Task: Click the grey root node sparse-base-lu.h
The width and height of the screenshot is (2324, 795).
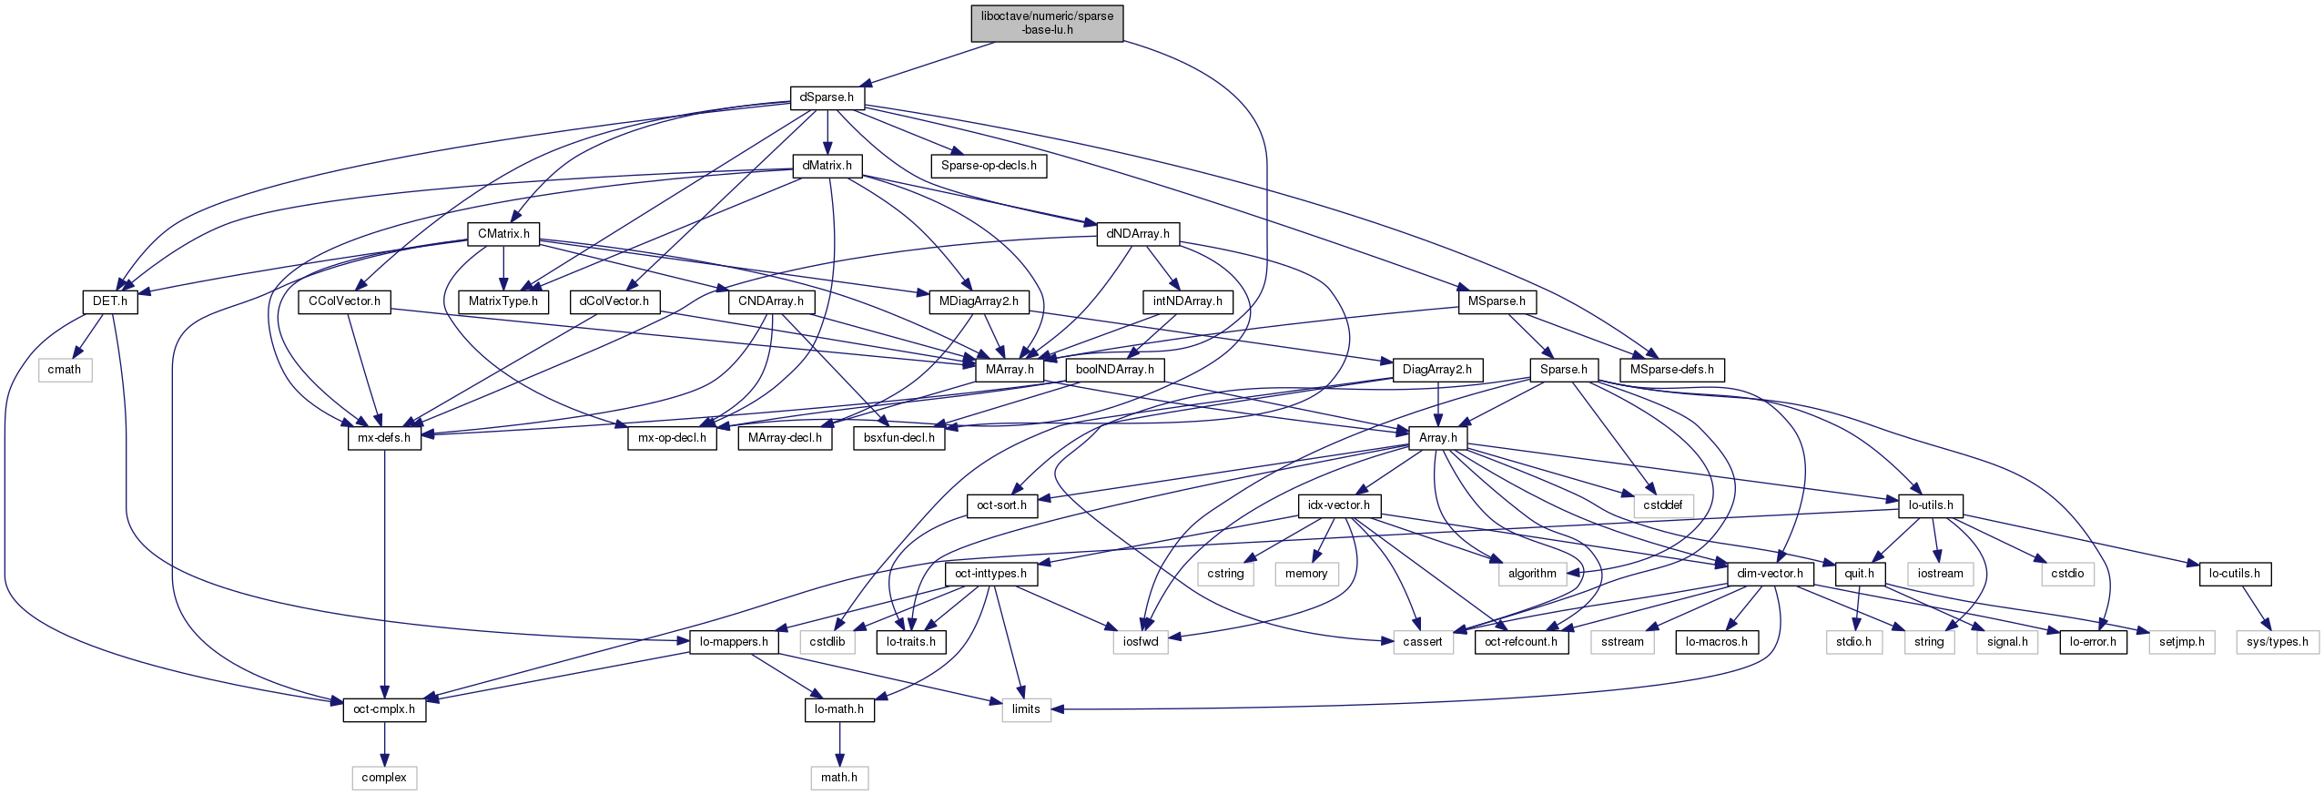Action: (1047, 23)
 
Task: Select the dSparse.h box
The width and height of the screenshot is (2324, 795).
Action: (827, 97)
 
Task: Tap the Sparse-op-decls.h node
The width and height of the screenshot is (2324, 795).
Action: (989, 166)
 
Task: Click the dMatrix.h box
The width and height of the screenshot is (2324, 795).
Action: (827, 166)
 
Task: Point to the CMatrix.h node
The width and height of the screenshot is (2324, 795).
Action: (503, 234)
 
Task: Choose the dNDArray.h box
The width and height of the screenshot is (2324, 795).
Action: (1138, 234)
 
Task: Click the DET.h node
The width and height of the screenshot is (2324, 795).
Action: (110, 301)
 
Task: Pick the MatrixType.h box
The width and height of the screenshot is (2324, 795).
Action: (503, 301)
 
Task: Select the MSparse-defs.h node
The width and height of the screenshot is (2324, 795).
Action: (1671, 370)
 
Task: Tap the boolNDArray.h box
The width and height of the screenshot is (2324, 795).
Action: (1114, 370)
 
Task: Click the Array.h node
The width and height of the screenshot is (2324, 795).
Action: (1437, 438)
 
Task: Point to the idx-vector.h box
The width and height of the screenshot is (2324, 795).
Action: (1338, 505)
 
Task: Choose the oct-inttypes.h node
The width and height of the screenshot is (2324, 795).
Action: (990, 574)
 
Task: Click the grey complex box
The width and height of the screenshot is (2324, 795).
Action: (384, 778)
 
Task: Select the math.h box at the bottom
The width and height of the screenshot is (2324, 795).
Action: (839, 778)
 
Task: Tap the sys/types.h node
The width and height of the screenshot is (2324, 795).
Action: (2277, 642)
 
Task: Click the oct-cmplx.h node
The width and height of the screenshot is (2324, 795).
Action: (384, 709)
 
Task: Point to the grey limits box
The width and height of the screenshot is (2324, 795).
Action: (1026, 709)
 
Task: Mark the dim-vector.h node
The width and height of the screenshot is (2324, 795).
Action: (1770, 574)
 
